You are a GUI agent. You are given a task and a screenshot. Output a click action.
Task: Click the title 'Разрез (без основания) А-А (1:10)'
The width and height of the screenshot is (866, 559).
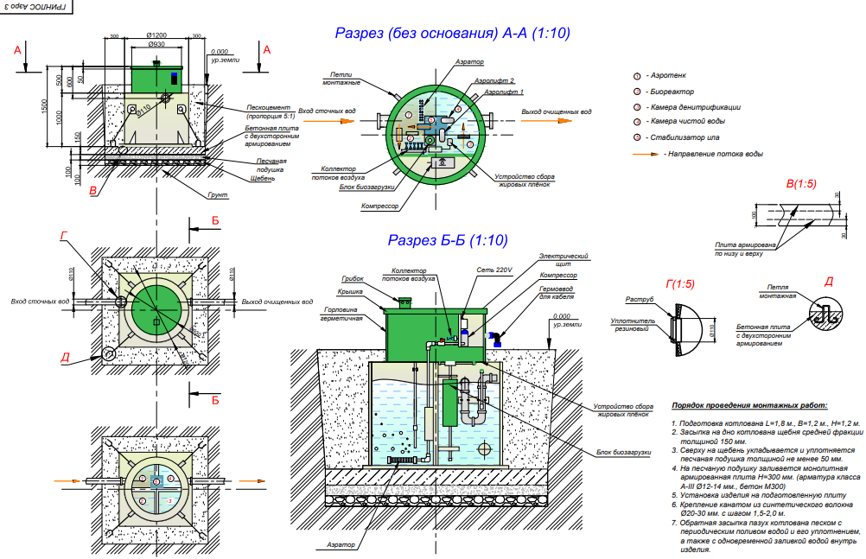pyautogui.click(x=452, y=34)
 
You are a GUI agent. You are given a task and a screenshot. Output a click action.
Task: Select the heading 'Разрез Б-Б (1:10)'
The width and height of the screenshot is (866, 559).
pyautogui.click(x=447, y=241)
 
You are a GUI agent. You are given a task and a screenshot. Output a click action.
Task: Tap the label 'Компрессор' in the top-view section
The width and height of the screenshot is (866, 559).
pyautogui.click(x=380, y=207)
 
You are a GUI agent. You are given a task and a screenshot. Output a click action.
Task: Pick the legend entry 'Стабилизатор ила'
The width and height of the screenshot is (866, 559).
pyautogui.click(x=680, y=137)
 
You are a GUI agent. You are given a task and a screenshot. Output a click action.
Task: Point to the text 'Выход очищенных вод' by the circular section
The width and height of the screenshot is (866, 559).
pyautogui.click(x=557, y=112)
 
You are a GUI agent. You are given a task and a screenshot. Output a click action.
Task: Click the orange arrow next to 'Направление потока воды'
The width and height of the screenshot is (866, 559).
pyautogui.click(x=645, y=154)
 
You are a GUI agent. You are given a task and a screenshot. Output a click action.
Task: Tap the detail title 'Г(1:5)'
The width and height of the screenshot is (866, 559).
pyautogui.click(x=680, y=283)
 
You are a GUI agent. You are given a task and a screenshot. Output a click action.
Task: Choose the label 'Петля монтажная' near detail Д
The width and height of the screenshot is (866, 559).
pyautogui.click(x=776, y=290)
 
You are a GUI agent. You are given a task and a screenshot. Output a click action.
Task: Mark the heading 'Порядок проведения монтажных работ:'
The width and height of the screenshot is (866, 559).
pyautogui.click(x=748, y=404)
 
